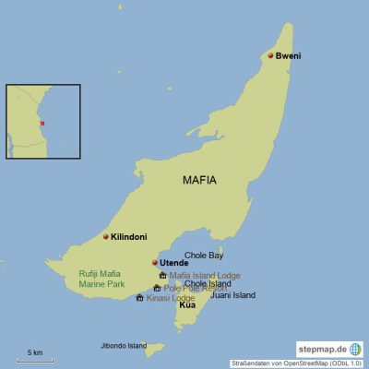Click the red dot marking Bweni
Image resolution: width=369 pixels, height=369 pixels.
click(270, 55)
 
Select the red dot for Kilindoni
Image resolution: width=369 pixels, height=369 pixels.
click(105, 237)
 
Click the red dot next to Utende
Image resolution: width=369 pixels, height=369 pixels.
click(154, 263)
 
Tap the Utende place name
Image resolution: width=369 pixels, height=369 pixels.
click(173, 263)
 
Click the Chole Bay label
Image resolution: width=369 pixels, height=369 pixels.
click(204, 255)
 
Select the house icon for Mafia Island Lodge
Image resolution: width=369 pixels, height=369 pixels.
click(162, 275)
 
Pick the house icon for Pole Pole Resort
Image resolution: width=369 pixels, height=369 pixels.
click(157, 288)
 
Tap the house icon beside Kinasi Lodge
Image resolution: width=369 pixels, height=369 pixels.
click(139, 298)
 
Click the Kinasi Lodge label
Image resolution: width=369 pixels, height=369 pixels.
click(171, 298)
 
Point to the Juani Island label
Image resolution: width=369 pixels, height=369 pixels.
click(232, 295)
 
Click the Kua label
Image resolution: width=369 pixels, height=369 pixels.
click(186, 304)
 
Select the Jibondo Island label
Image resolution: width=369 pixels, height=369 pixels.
click(124, 346)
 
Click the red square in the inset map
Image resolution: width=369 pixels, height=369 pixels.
click(41, 123)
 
